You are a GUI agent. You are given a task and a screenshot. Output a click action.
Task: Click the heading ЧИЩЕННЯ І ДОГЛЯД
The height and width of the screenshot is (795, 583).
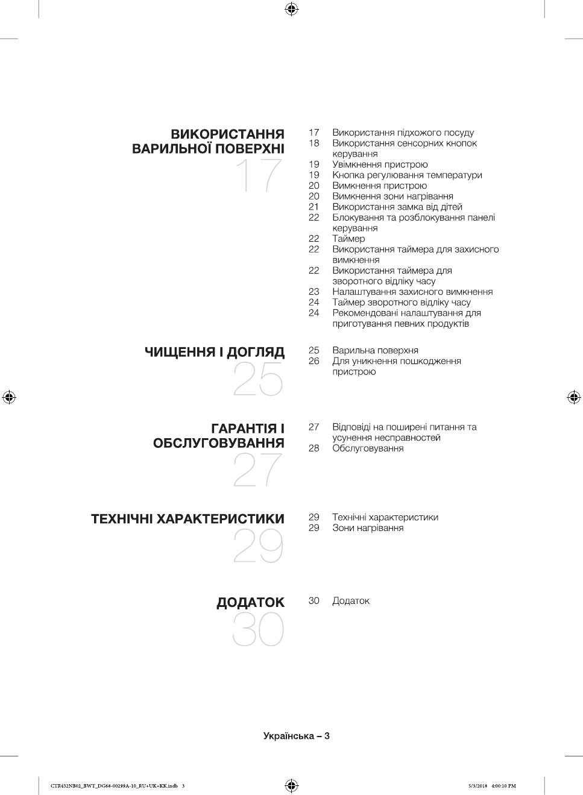pyautogui.click(x=214, y=352)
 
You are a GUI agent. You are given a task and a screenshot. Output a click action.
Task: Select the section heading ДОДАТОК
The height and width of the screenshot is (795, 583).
pyautogui.click(x=250, y=602)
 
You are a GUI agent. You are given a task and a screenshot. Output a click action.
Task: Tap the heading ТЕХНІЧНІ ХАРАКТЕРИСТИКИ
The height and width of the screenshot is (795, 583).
pyautogui.click(x=188, y=519)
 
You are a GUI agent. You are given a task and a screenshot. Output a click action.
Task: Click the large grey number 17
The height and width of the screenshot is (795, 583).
pyautogui.click(x=259, y=175)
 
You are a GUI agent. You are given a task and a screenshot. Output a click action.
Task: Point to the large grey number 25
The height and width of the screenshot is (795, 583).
pyautogui.click(x=258, y=380)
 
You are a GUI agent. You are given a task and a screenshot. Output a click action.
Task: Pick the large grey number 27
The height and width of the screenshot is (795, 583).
pyautogui.click(x=257, y=470)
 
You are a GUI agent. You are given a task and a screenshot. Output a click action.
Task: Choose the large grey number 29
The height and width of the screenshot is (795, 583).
pyautogui.click(x=258, y=547)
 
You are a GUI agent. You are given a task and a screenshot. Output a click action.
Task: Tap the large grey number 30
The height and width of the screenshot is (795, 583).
pyautogui.click(x=258, y=630)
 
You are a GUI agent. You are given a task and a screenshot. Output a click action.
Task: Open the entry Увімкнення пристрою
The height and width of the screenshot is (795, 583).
pyautogui.click(x=380, y=165)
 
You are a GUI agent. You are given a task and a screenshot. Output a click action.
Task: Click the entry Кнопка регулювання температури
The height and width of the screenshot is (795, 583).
pyautogui.click(x=407, y=175)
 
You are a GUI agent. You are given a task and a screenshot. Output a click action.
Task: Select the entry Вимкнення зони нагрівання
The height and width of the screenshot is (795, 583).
pyautogui.click(x=392, y=196)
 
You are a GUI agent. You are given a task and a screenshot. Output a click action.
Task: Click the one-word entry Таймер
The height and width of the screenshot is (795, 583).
pyautogui.click(x=348, y=239)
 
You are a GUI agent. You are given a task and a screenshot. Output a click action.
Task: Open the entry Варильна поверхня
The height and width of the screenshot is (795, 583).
pyautogui.click(x=375, y=350)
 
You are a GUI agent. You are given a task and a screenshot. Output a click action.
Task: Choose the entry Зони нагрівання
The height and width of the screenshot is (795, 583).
pyautogui.click(x=368, y=528)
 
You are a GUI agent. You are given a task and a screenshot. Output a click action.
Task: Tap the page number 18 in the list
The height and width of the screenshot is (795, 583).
pyautogui.click(x=314, y=143)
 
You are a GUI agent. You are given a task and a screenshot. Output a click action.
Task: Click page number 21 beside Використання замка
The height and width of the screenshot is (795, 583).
pyautogui.click(x=314, y=207)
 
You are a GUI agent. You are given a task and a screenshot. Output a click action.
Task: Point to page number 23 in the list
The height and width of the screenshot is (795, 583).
pyautogui.click(x=314, y=292)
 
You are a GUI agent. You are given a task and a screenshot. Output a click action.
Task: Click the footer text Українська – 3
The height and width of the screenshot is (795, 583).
pyautogui.click(x=296, y=736)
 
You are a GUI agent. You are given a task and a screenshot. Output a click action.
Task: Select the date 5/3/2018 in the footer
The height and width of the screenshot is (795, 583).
pyautogui.click(x=477, y=786)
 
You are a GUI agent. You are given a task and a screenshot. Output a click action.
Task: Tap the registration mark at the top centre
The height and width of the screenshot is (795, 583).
pyautogui.click(x=291, y=8)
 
